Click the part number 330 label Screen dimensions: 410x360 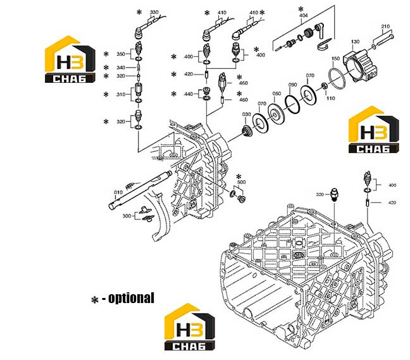pyautogui.click(x=154, y=12)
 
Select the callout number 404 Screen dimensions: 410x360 pyautogui.click(x=303, y=15)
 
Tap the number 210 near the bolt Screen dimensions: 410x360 pyautogui.click(x=385, y=27)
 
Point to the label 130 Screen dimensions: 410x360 pyautogui.click(x=355, y=42)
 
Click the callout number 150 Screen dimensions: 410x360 pyautogui.click(x=335, y=59)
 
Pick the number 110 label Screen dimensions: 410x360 pyautogui.click(x=330, y=98)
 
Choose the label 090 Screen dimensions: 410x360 pyautogui.click(x=292, y=85)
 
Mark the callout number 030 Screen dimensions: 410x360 pyautogui.click(x=247, y=115)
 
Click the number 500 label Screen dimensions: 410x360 pyautogui.click(x=241, y=182)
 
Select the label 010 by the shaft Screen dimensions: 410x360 pyautogui.click(x=118, y=192)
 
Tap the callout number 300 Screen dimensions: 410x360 pyautogui.click(x=127, y=216)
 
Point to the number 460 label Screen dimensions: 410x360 pyautogui.click(x=244, y=83)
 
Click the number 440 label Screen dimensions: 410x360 pyautogui.click(x=189, y=94)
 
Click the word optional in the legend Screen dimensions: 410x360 pyautogui.click(x=131, y=298)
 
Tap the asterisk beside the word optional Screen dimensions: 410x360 pyautogui.click(x=95, y=300)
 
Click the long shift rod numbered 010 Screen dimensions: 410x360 pyautogui.click(x=140, y=190)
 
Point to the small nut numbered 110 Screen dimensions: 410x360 pyautogui.click(x=324, y=86)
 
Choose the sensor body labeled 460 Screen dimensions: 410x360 pyautogui.click(x=221, y=82)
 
